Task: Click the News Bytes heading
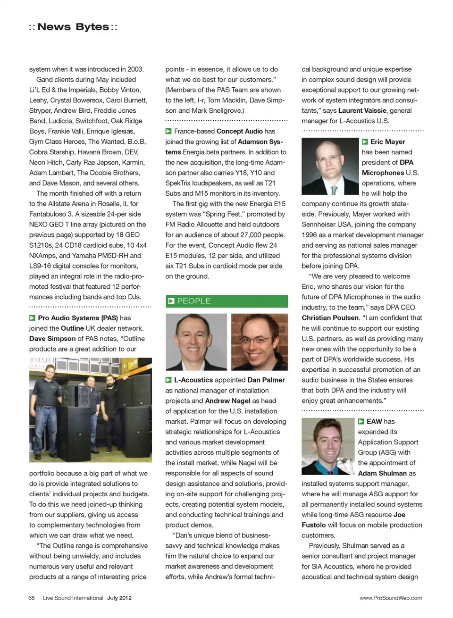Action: [73, 27]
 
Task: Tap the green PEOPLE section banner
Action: [226, 301]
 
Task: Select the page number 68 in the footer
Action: [32, 598]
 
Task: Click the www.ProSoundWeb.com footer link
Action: [391, 598]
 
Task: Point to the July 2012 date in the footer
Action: [119, 598]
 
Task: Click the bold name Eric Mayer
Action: [387, 142]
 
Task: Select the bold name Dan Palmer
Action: [266, 380]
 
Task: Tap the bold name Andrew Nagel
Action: [227, 401]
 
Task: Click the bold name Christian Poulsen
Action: [330, 317]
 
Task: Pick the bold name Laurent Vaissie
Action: [362, 110]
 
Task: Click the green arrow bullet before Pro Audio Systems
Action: [33, 318]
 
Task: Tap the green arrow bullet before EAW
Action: [361, 421]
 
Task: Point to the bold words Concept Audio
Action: [240, 131]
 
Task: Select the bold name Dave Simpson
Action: [52, 338]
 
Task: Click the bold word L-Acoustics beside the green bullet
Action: [193, 380]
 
